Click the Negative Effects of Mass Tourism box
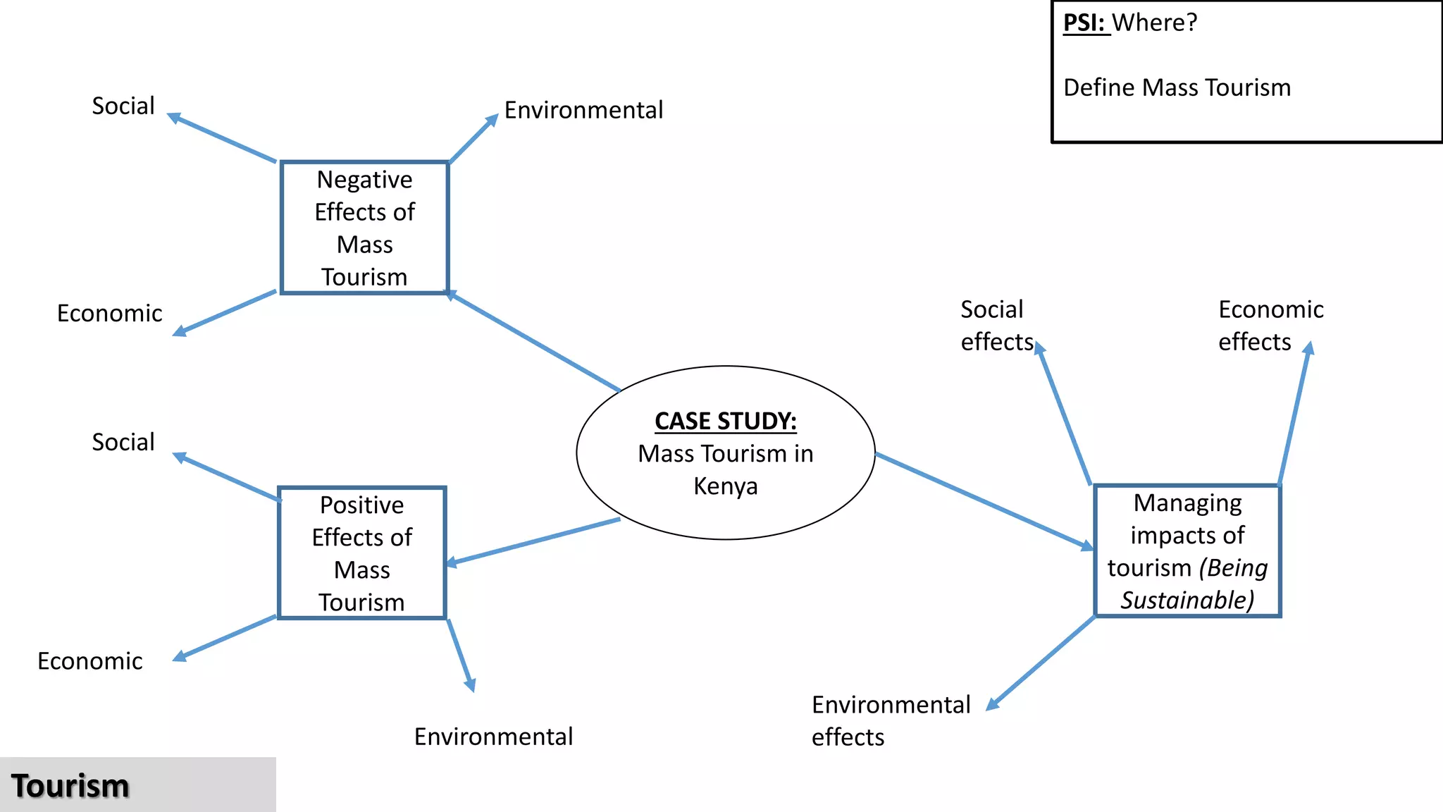pos(364,228)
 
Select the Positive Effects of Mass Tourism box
pos(361,553)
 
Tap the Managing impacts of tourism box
pos(1187,550)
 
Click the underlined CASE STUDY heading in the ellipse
pos(725,421)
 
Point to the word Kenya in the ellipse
pos(725,486)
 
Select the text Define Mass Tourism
pos(1177,87)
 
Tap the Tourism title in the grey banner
pos(70,786)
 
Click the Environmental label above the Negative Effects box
pos(583,110)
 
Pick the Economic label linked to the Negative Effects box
pos(109,313)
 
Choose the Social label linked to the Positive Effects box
pos(123,442)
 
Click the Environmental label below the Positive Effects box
pos(493,737)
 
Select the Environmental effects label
pos(890,720)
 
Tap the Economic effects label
pos(1270,326)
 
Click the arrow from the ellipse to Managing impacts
pos(984,500)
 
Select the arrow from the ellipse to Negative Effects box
pos(533,341)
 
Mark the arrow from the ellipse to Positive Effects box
pos(533,541)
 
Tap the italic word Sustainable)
pos(1187,601)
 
